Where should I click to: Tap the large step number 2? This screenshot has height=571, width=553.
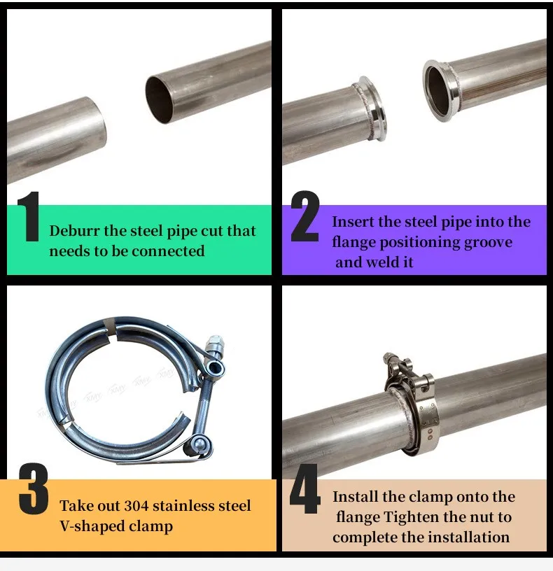click(x=305, y=216)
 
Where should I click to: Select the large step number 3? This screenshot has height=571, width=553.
click(x=34, y=488)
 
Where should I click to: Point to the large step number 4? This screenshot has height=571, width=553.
click(x=305, y=488)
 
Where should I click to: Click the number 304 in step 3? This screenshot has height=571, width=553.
click(x=136, y=505)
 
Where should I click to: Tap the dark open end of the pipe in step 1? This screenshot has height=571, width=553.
click(x=160, y=99)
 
